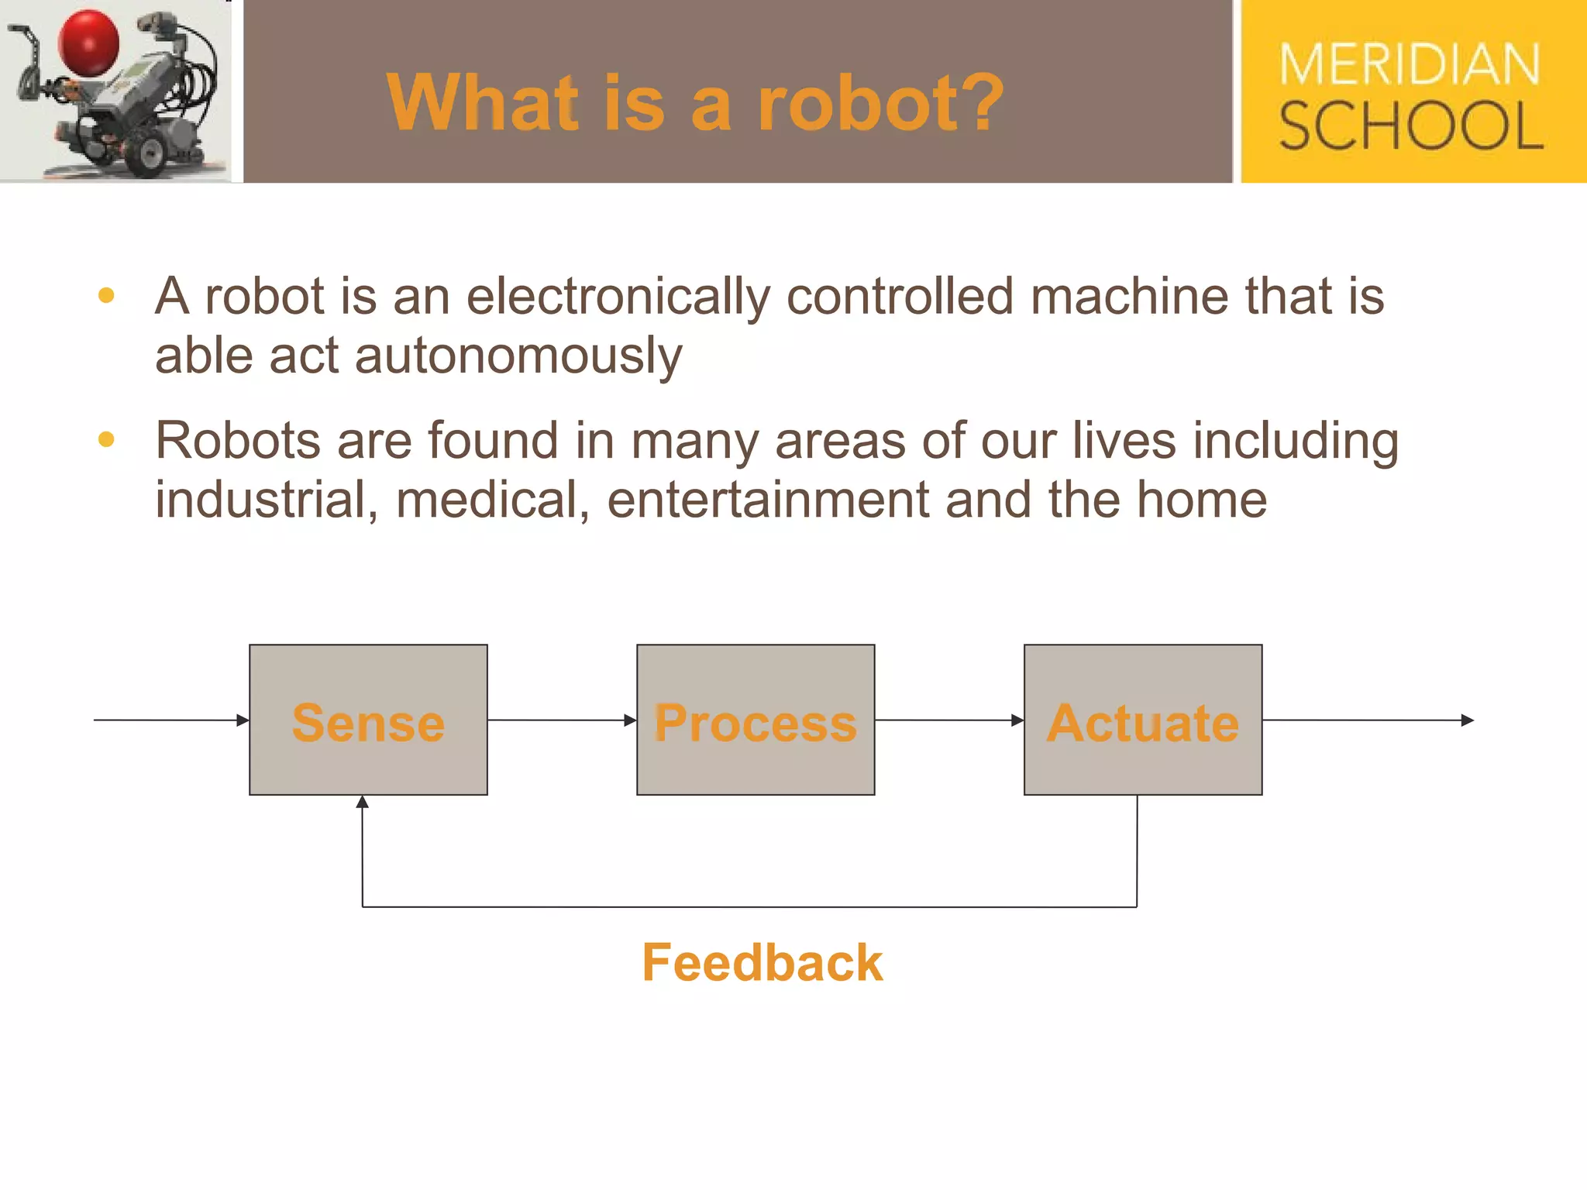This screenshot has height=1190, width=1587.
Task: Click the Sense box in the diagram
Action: (x=368, y=721)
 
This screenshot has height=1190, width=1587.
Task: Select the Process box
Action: (x=756, y=721)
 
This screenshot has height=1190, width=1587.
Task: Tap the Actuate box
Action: (x=1143, y=721)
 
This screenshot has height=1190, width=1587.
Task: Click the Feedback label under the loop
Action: (x=763, y=963)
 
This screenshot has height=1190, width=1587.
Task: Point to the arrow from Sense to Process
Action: (x=562, y=721)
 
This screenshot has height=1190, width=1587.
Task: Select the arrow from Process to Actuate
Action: (x=949, y=721)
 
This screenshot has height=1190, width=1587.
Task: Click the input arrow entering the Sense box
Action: (x=171, y=721)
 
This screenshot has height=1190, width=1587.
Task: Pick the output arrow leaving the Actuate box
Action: (x=1368, y=721)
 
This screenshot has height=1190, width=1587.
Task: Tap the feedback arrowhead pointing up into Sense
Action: (x=363, y=803)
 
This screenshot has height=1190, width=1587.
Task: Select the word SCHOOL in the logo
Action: (x=1410, y=126)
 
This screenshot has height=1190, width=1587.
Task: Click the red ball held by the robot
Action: (x=89, y=43)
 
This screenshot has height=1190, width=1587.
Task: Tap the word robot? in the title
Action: (x=880, y=102)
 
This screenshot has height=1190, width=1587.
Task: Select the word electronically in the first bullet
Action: (x=618, y=297)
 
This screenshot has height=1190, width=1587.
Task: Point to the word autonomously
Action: (x=518, y=356)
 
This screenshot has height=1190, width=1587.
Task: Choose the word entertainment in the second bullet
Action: (x=767, y=500)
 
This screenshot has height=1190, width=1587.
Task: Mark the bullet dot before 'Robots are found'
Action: (x=107, y=440)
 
